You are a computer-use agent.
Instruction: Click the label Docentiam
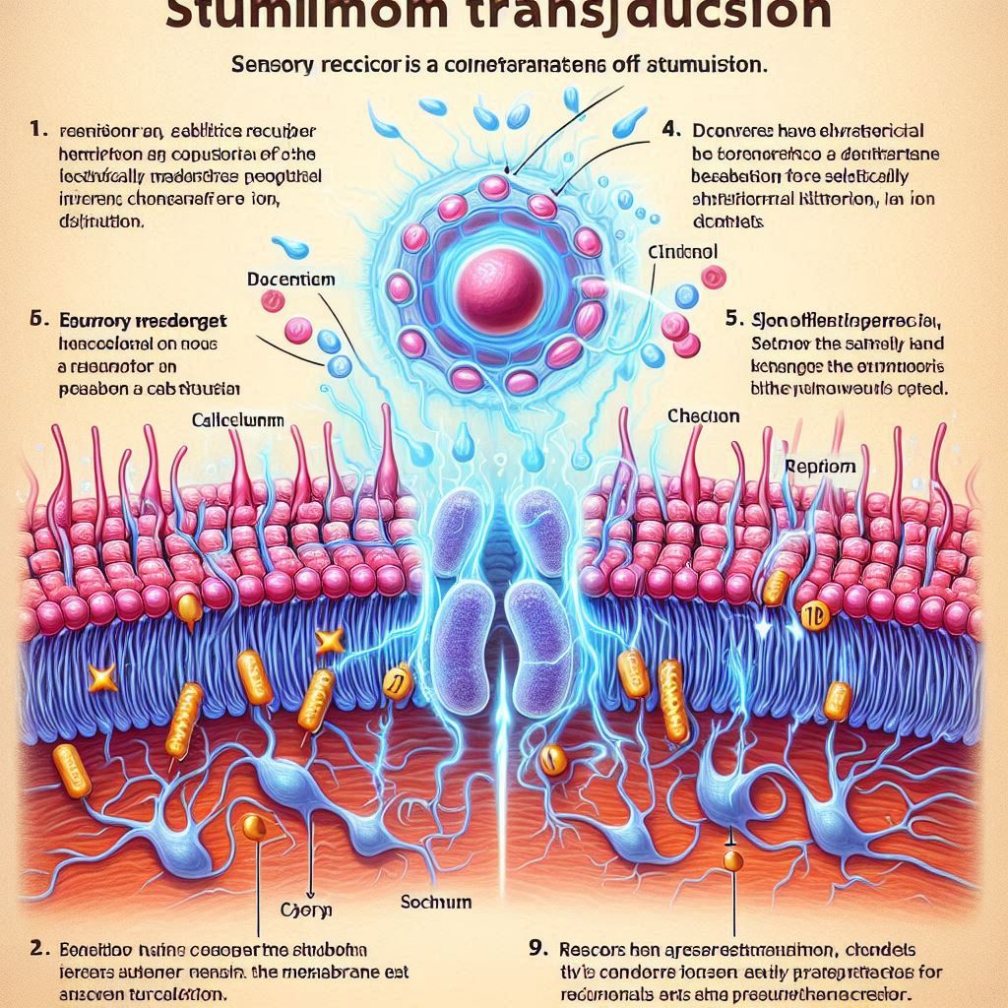[290, 280]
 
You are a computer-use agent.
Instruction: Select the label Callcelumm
[237, 419]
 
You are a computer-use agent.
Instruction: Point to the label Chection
[703, 416]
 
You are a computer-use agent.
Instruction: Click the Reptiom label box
[820, 467]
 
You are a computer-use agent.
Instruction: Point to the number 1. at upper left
[36, 129]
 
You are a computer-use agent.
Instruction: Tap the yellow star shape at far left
[102, 676]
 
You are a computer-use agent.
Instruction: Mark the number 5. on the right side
[732, 320]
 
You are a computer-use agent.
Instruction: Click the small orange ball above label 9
[731, 860]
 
